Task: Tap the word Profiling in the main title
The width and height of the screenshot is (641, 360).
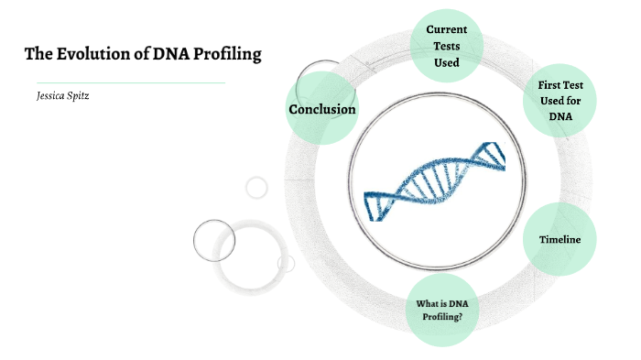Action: click(227, 54)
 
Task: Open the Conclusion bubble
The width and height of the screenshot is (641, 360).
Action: click(322, 110)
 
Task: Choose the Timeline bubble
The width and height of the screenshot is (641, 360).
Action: click(560, 239)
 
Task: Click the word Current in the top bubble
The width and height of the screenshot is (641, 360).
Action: click(446, 29)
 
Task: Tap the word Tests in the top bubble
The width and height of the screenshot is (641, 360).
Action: click(447, 46)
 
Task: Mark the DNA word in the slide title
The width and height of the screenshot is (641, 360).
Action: click(169, 54)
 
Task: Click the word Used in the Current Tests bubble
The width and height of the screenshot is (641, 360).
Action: click(446, 62)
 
